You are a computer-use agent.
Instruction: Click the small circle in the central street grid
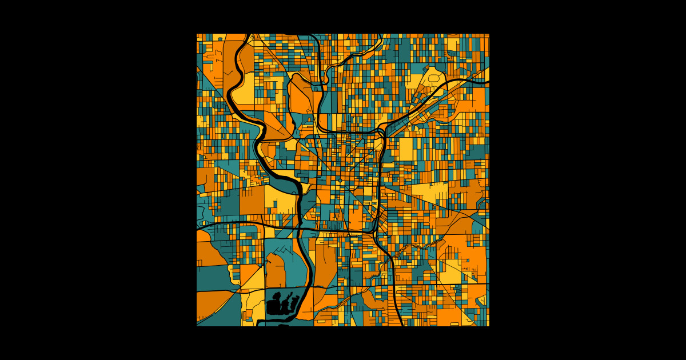341,180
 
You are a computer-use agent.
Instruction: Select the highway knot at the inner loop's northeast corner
382,133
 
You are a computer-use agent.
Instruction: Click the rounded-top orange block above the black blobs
276,271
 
